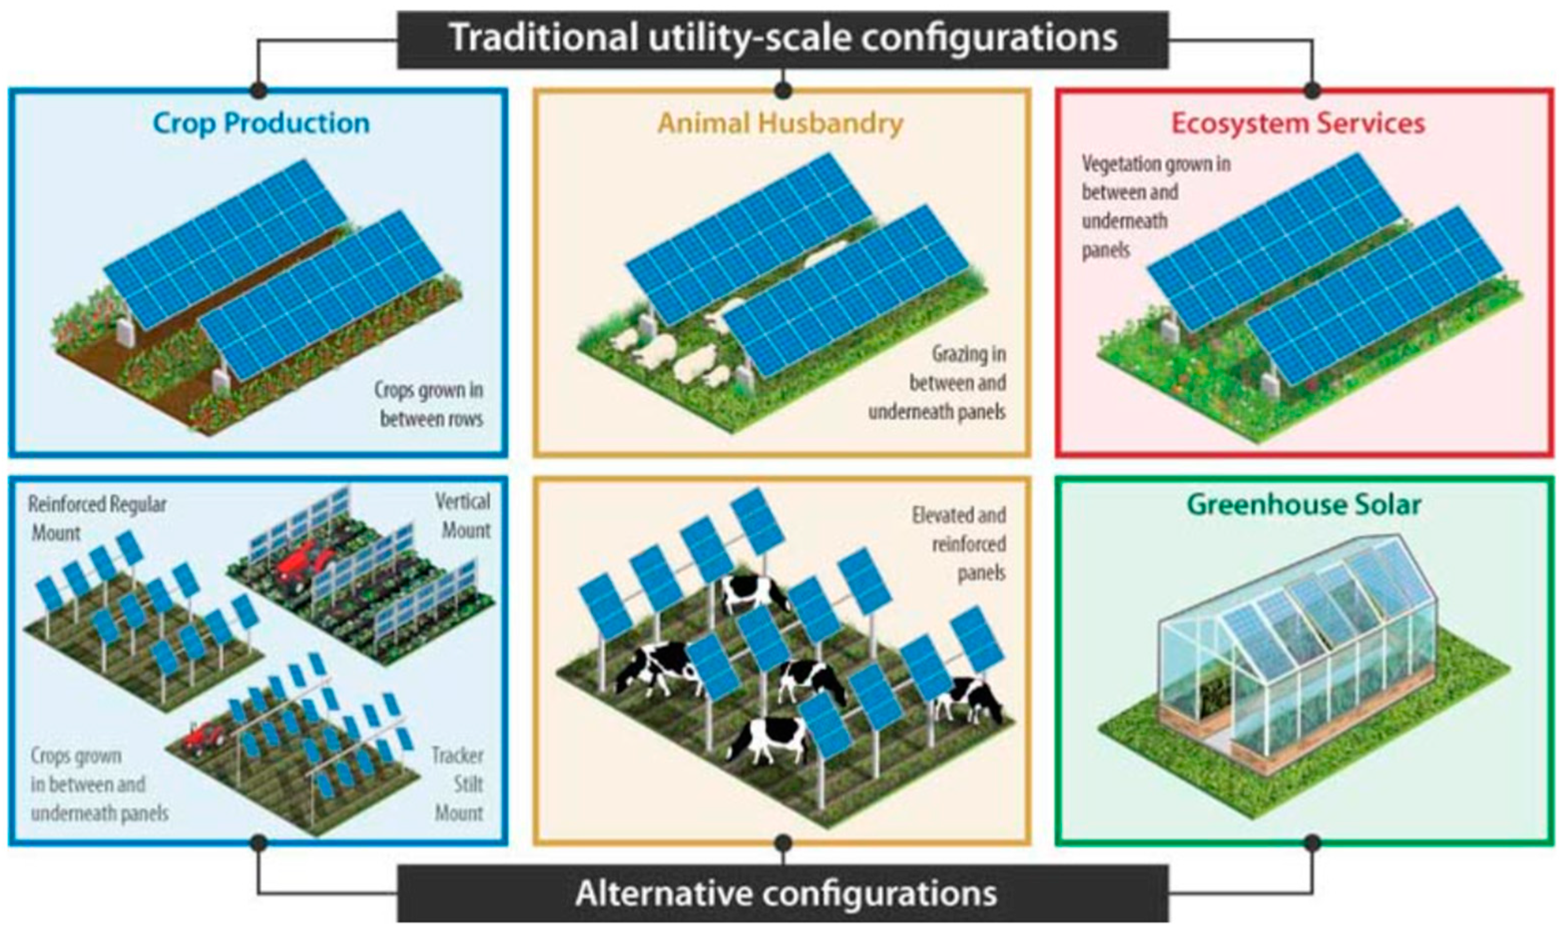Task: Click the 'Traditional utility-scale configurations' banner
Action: coord(783,39)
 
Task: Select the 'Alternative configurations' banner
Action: coord(783,893)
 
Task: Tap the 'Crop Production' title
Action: coord(261,123)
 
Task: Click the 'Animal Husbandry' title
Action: coord(780,123)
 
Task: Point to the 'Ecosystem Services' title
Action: coord(1298,123)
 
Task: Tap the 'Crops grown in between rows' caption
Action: coord(430,404)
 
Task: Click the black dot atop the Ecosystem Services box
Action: coord(1311,90)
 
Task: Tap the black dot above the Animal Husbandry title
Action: coord(783,90)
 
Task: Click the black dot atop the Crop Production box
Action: coord(258,90)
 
